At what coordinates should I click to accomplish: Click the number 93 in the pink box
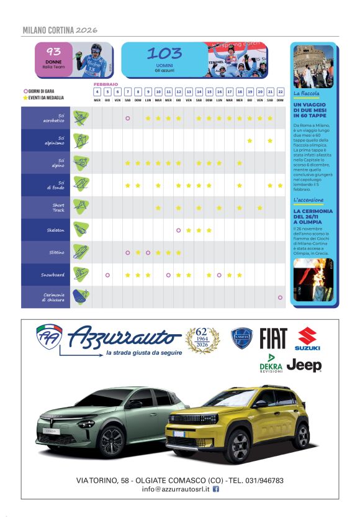tap(54, 52)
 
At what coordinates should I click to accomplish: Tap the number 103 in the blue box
tap(164, 53)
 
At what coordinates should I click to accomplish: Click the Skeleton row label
tap(55, 230)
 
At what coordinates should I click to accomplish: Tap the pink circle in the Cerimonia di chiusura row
tap(280, 297)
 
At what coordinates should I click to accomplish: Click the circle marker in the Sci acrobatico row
tap(127, 118)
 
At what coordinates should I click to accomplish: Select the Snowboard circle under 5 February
tap(107, 275)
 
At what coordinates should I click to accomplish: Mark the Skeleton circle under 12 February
tap(178, 230)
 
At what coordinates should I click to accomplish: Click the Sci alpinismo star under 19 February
tap(250, 140)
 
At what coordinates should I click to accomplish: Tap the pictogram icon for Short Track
tap(79, 207)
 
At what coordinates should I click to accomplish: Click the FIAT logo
tap(273, 339)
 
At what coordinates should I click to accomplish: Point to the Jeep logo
tap(304, 366)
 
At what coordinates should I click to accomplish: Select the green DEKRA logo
tap(271, 362)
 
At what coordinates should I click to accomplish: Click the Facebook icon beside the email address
tap(216, 489)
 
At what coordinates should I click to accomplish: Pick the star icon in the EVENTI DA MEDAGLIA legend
tap(25, 98)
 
